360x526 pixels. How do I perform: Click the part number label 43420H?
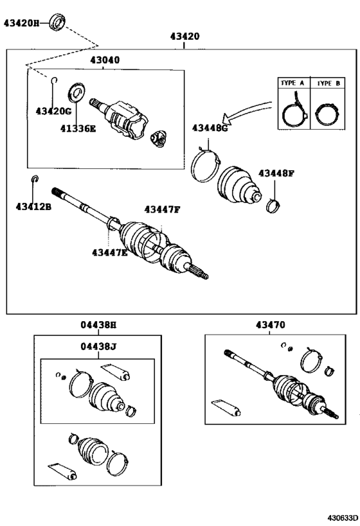tap(22, 23)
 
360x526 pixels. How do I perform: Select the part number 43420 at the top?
tap(184, 37)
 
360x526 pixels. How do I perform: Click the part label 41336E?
tap(78, 128)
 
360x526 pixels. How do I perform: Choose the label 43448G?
tap(210, 128)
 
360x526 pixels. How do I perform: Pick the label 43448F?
tap(276, 173)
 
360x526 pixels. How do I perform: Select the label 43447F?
tap(162, 209)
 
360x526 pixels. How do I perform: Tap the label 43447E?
tap(109, 252)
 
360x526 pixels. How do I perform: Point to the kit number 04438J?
tap(98, 347)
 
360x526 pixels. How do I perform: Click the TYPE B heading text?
tap(328, 83)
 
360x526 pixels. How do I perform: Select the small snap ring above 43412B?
tap(35, 179)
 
